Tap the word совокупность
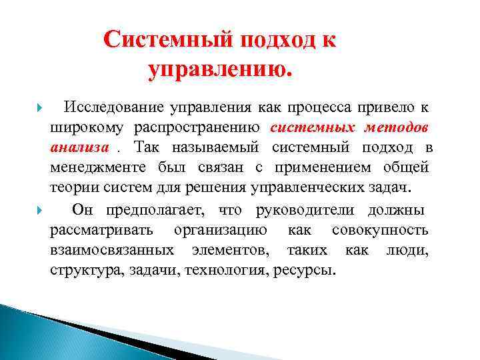point(386,231)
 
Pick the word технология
point(230,271)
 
